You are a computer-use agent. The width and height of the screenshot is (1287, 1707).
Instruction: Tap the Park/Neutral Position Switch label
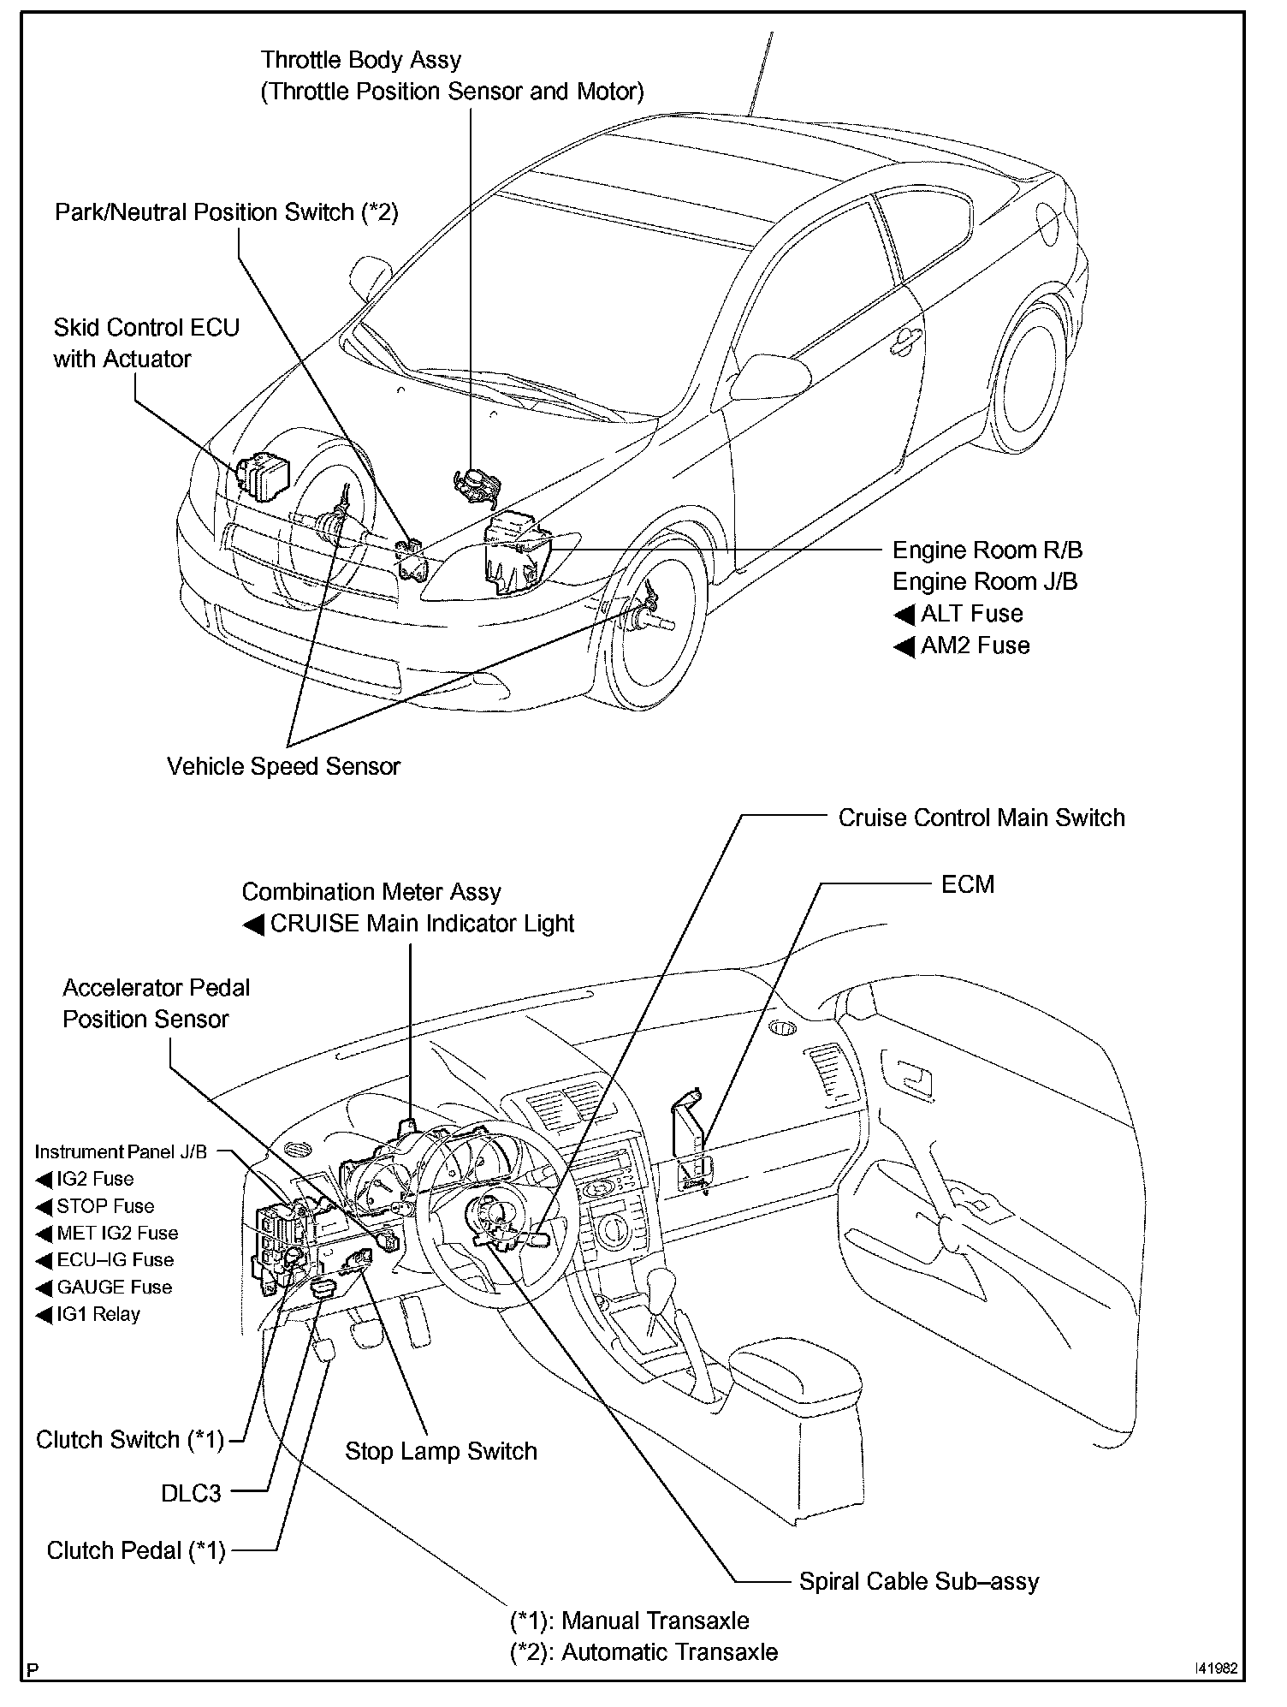pyautogui.click(x=226, y=212)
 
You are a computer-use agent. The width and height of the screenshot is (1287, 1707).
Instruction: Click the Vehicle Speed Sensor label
pyautogui.click(x=283, y=766)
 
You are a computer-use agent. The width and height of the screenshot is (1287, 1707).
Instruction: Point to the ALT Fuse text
pyautogui.click(x=970, y=614)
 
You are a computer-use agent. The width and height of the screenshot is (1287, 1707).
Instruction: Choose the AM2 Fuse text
pyautogui.click(x=974, y=645)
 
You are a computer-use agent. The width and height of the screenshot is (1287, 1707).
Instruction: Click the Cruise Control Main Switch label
pyautogui.click(x=981, y=818)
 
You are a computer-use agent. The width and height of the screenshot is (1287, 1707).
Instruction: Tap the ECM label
pyautogui.click(x=967, y=884)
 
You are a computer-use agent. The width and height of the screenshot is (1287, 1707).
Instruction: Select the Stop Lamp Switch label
pyautogui.click(x=441, y=1451)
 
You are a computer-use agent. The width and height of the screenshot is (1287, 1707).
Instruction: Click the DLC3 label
pyautogui.click(x=191, y=1493)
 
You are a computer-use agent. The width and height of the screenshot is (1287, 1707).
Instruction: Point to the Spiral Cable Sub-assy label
pyautogui.click(x=918, y=1581)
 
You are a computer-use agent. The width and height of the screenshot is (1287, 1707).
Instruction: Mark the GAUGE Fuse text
pyautogui.click(x=114, y=1287)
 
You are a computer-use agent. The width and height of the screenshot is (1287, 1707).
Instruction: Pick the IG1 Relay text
pyautogui.click(x=98, y=1314)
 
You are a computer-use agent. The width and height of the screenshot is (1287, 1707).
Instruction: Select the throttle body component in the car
pyautogui.click(x=476, y=487)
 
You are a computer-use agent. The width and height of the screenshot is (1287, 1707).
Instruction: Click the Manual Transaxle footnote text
pyautogui.click(x=630, y=1621)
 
